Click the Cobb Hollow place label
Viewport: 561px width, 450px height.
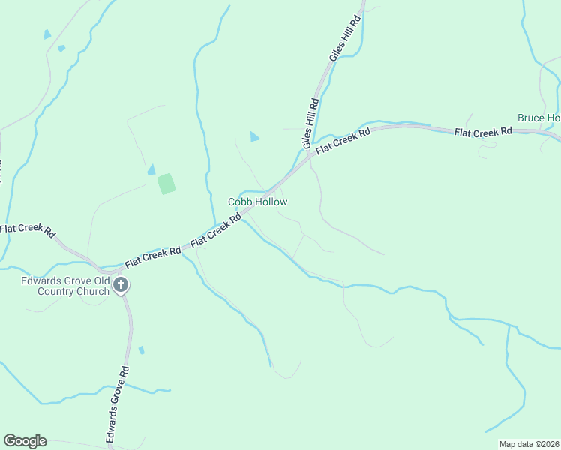point(257,202)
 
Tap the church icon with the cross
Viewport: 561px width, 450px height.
point(121,285)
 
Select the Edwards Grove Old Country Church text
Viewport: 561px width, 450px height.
point(64,286)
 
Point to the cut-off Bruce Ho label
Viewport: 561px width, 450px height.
point(538,118)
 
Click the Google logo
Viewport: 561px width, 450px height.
point(25,441)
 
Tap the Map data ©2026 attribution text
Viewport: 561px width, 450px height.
point(529,444)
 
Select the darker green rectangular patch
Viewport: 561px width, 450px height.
point(166,184)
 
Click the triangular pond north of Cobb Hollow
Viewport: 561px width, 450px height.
point(254,136)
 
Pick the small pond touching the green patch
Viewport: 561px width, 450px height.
point(151,169)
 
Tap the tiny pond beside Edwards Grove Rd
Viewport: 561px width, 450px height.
point(142,349)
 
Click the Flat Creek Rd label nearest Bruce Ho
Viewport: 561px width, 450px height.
point(483,131)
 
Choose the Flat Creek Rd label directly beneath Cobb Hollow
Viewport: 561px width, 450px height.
point(216,231)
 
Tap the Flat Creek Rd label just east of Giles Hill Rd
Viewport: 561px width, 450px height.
point(343,142)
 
